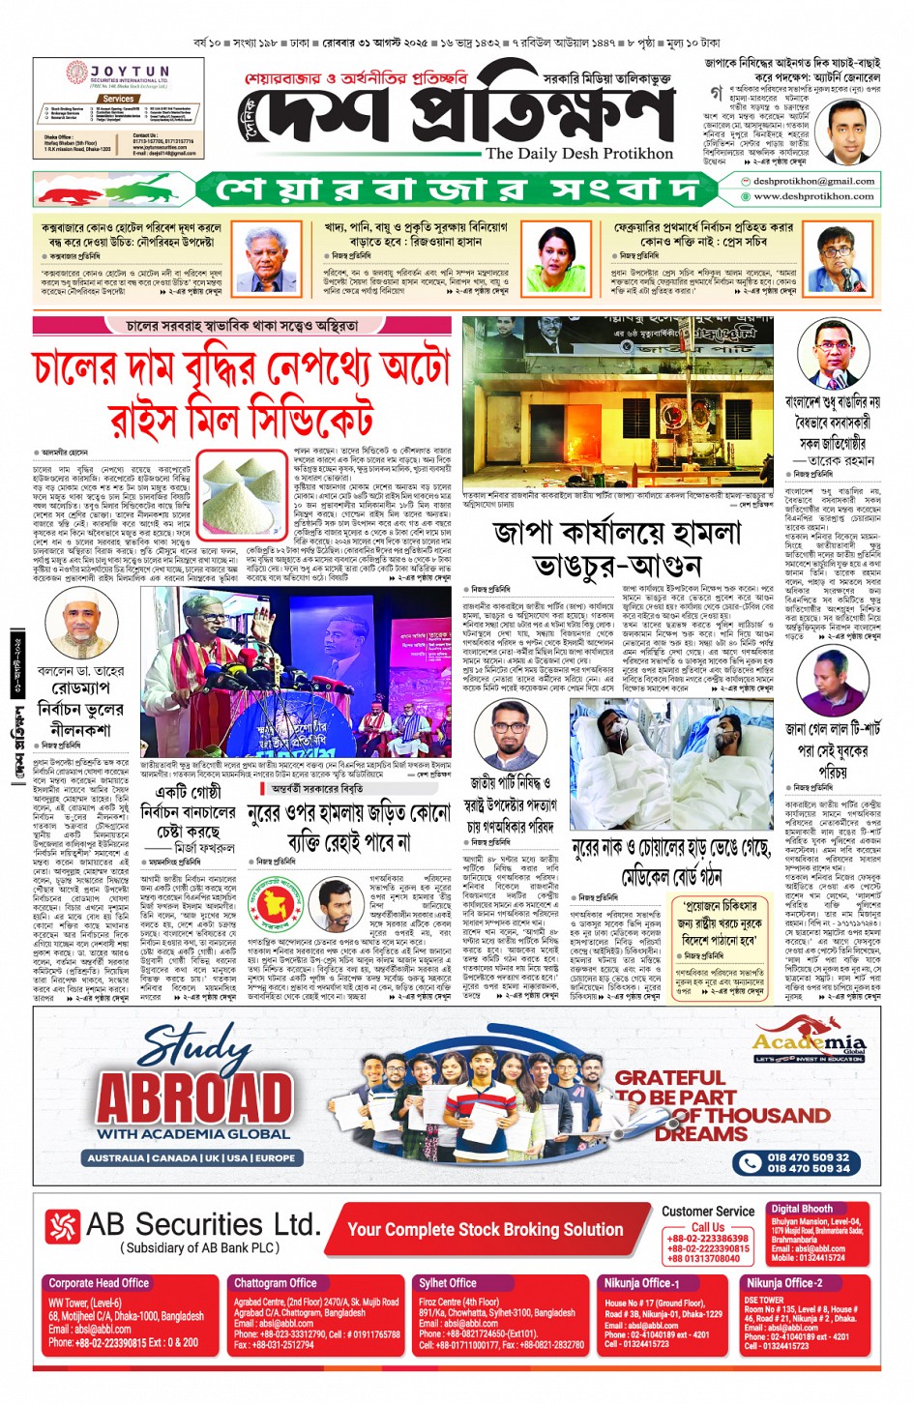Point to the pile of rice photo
click(243, 492)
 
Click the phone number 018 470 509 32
click(808, 1156)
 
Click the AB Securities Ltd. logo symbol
click(61, 1225)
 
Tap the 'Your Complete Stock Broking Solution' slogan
click(485, 1229)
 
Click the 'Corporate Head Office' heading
click(99, 1283)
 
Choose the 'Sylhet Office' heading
click(448, 1283)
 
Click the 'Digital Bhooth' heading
click(802, 1209)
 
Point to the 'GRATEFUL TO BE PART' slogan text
click(674, 1087)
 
